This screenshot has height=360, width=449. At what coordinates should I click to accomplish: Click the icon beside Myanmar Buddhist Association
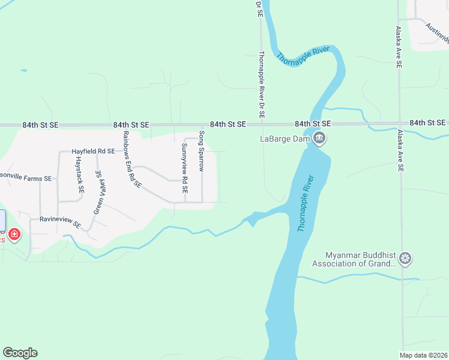tap(406, 259)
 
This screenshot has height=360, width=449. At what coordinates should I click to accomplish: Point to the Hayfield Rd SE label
tap(93, 152)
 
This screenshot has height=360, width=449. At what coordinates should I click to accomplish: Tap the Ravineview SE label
tap(60, 221)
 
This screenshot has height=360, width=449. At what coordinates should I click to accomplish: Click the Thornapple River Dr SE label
tap(261, 84)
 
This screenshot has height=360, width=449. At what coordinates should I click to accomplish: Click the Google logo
tap(20, 353)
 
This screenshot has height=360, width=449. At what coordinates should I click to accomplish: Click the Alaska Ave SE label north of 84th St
tap(398, 47)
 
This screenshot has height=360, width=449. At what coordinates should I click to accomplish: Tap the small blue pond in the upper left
tap(23, 70)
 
